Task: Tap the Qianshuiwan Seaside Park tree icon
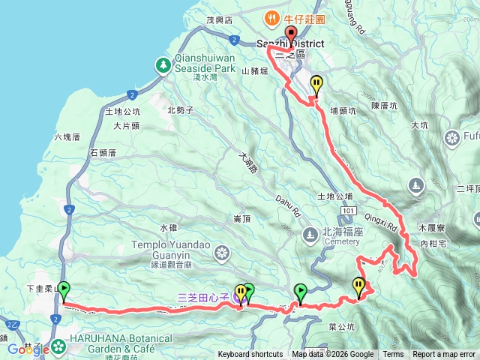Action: point(162,65)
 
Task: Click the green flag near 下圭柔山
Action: point(64,288)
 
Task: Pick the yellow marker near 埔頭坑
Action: point(317,84)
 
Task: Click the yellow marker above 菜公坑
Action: point(358,285)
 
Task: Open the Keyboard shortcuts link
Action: point(250,355)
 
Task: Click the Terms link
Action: point(393,355)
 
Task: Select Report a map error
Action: point(443,355)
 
